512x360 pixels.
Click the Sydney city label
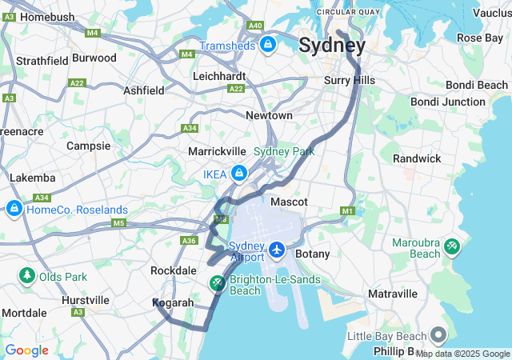click(332, 45)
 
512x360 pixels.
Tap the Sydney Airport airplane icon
click(278, 250)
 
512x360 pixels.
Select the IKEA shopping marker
click(238, 173)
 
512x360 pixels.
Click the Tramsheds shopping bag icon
click(268, 44)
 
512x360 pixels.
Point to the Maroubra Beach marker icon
click(452, 246)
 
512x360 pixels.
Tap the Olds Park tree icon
click(27, 276)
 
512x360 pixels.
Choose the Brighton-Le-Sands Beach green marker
click(218, 282)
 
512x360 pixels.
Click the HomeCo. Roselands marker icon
click(14, 210)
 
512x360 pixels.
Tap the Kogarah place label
click(173, 303)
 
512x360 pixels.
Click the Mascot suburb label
click(290, 202)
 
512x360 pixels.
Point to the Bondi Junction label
click(447, 102)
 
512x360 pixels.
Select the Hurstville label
click(86, 300)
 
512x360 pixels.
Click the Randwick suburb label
click(416, 158)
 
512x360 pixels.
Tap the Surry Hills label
click(349, 80)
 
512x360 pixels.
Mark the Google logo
click(26, 350)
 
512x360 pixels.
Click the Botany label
click(312, 254)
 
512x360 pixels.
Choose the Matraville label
click(393, 294)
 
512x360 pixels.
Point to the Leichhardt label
click(219, 76)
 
